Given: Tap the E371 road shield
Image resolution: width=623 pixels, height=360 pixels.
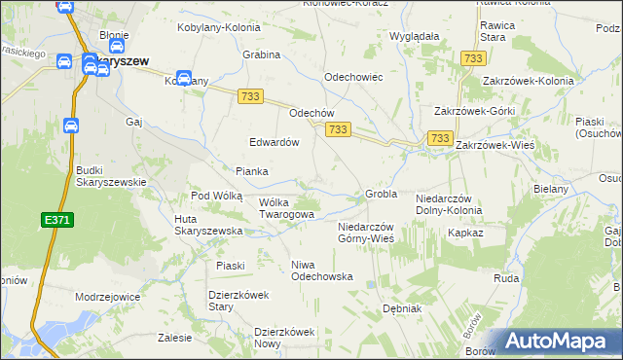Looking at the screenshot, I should [x=57, y=222].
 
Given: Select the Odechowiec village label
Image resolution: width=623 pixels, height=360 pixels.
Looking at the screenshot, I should [x=352, y=76].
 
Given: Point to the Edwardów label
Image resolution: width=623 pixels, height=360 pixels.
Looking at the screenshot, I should [x=274, y=141].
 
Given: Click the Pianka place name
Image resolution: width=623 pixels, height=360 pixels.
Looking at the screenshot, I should [x=251, y=171].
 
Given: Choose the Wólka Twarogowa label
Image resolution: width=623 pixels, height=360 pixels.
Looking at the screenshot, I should [x=286, y=207].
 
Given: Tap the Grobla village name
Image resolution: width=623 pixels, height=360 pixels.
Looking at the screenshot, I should [x=382, y=194].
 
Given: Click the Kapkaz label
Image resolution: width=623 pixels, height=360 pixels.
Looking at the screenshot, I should [x=465, y=234].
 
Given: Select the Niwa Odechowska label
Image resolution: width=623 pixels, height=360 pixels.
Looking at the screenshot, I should [x=322, y=270].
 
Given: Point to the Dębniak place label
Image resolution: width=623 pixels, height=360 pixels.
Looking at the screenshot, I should [x=401, y=308].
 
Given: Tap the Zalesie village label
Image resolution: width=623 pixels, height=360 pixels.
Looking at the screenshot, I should [x=173, y=340].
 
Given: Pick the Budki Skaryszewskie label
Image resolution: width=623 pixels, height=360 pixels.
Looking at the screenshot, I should [x=111, y=175].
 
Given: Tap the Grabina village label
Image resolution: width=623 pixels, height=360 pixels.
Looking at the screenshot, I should [x=262, y=55].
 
